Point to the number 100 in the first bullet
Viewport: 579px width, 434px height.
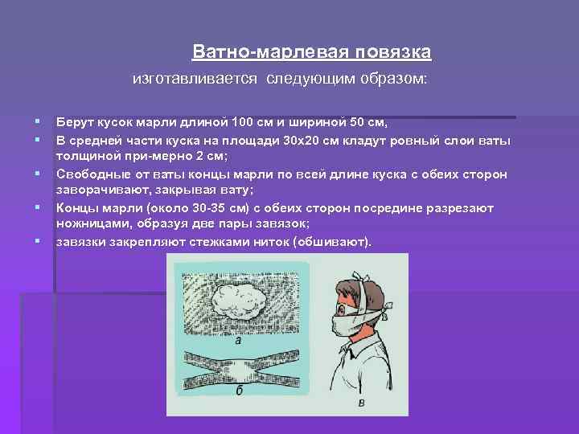point(241,122)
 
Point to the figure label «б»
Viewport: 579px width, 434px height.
point(239,391)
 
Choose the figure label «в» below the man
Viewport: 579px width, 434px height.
point(361,403)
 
